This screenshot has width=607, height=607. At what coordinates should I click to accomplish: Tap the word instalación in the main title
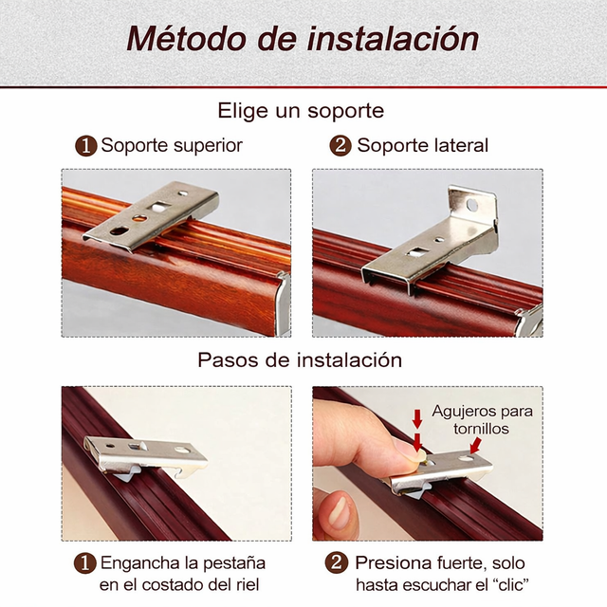tap(393, 38)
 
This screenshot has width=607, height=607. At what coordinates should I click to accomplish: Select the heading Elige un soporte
tap(301, 111)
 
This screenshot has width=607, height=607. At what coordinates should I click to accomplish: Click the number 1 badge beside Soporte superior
tap(86, 146)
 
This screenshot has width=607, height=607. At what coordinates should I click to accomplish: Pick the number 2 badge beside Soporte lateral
tap(340, 146)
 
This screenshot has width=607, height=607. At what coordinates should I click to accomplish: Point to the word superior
tap(208, 146)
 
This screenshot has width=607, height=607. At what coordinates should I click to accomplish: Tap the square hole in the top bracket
tap(159, 207)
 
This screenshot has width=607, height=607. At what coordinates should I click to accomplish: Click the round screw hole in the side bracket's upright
tap(472, 205)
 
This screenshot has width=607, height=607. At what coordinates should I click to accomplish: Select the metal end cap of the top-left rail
tap(284, 303)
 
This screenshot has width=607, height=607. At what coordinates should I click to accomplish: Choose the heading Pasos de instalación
tap(300, 360)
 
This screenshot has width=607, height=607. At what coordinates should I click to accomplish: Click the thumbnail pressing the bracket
tap(409, 450)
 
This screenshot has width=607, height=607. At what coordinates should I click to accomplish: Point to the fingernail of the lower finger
tap(340, 514)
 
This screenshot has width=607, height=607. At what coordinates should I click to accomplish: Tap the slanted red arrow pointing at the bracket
tap(476, 445)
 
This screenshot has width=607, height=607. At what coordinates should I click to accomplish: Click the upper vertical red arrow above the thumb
tap(417, 419)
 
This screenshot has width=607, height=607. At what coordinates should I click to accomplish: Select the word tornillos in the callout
tap(481, 429)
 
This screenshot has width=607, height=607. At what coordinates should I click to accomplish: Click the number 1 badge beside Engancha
tap(85, 563)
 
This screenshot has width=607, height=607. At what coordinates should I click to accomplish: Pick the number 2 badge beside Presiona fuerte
tap(336, 562)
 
